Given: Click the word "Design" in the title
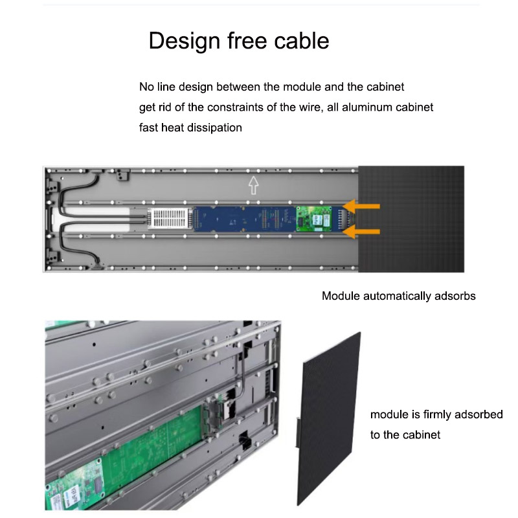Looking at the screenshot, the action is [x=185, y=41].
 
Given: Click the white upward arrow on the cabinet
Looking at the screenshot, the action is [x=253, y=185].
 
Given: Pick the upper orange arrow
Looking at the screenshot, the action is [x=361, y=206].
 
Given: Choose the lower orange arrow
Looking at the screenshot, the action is [x=361, y=231].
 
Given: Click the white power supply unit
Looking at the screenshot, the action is [x=170, y=218].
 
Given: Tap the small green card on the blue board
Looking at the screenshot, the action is [x=313, y=219].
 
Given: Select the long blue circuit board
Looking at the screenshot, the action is [x=245, y=219].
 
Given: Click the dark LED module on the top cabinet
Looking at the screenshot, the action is [x=411, y=219].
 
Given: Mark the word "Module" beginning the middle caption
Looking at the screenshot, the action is [x=341, y=296].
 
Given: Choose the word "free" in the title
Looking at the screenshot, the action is [x=247, y=41].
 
